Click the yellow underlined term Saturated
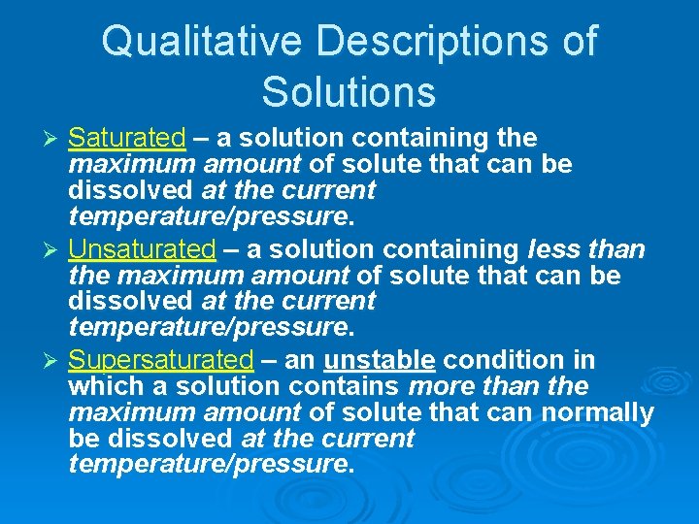click(127, 138)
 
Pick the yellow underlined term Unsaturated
click(142, 249)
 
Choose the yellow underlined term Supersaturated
click(161, 360)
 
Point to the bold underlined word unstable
click(380, 360)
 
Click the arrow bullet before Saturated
click(54, 139)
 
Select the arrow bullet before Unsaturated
click(54, 250)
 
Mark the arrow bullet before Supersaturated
click(54, 361)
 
